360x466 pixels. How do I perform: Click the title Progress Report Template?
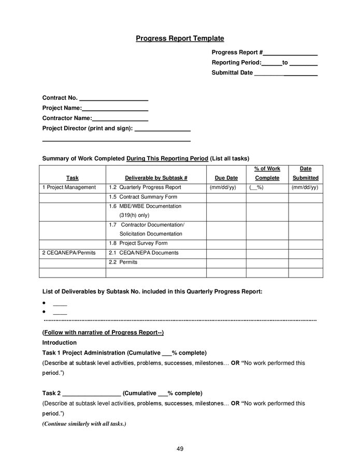tap(180, 38)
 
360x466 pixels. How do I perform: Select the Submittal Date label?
tap(232, 73)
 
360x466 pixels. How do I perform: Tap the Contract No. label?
tap(60, 98)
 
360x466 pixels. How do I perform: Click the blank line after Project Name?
tap(115, 109)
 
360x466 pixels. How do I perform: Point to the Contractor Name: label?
tap(67, 118)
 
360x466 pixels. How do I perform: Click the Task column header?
tap(73, 178)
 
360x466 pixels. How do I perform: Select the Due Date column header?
tap(226, 178)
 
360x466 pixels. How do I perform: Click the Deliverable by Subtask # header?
tap(156, 178)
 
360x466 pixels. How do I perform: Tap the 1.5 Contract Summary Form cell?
tap(143, 197)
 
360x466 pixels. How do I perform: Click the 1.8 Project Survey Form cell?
tap(138, 243)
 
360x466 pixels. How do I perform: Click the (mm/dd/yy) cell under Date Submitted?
tap(305, 187)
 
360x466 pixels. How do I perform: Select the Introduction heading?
tap(59, 343)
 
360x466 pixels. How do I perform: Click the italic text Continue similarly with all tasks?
tap(84, 424)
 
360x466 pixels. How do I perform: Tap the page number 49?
tap(180, 449)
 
